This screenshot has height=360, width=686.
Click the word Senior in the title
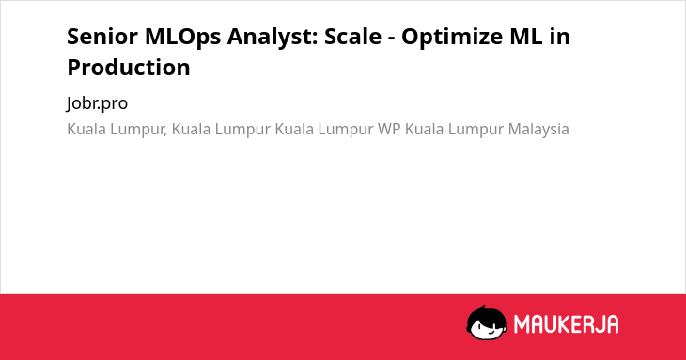[x=102, y=37]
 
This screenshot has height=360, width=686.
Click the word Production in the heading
[x=129, y=68]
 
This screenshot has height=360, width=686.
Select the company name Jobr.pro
[x=97, y=103]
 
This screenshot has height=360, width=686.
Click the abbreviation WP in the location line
[x=389, y=129]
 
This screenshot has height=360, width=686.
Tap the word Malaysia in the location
[x=538, y=130]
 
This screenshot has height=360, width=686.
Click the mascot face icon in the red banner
[x=487, y=322]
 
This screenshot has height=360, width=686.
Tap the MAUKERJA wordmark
[x=566, y=324]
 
